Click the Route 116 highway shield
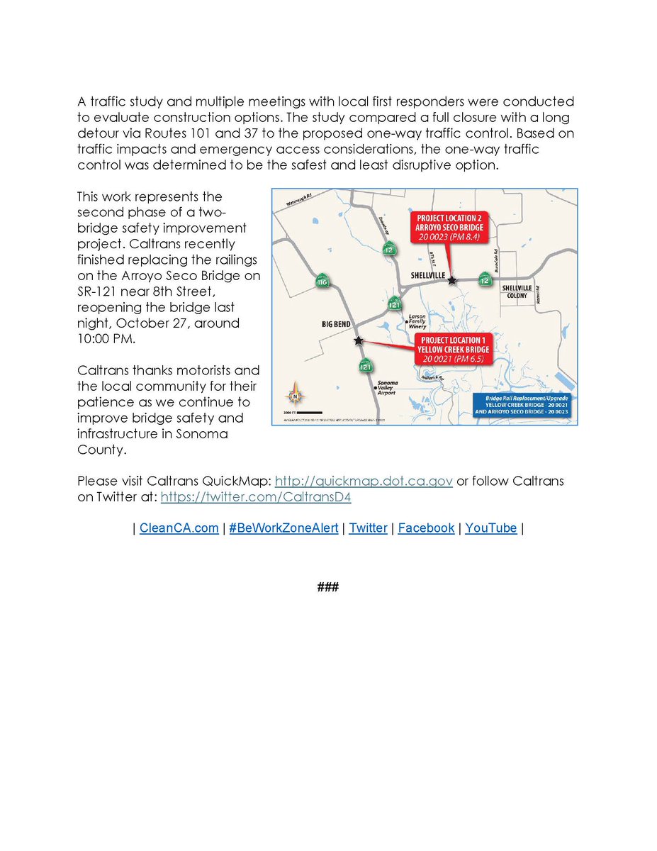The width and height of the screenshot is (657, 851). tap(323, 282)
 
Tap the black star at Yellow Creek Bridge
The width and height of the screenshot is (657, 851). tap(359, 341)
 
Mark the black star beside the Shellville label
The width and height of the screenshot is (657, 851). tap(452, 281)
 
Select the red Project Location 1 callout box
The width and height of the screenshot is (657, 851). tap(454, 350)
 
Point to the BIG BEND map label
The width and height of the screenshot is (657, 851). tap(337, 323)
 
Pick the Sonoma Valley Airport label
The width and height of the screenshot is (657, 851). tap(387, 387)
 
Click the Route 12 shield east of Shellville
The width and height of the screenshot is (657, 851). tap(485, 279)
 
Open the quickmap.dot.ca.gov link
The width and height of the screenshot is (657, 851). tap(364, 481)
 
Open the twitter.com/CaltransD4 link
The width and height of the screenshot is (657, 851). tap(256, 497)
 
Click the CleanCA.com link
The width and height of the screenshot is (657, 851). tap(179, 528)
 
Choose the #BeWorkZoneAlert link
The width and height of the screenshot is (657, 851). tap(283, 528)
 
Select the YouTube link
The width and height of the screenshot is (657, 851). tap(490, 528)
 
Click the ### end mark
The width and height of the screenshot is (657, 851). tap(328, 587)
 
